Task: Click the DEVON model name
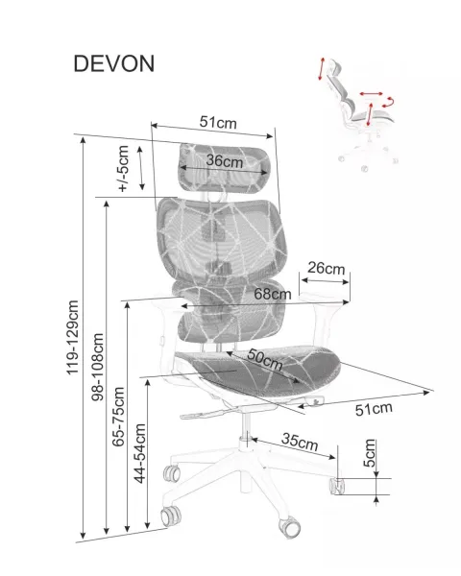(114, 63)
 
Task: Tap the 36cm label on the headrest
(224, 161)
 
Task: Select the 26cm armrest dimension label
(327, 268)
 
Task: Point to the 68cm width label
(273, 294)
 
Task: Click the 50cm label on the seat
(265, 359)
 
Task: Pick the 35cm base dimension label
(300, 442)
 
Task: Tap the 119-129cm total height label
(72, 338)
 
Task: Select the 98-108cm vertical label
(98, 367)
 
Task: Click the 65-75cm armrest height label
(119, 417)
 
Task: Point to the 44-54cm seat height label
(140, 453)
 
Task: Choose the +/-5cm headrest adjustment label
(123, 168)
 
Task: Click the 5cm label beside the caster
(370, 452)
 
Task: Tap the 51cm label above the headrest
(218, 122)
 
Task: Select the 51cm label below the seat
(374, 409)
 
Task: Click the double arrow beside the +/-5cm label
(141, 168)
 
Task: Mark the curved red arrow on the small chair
(389, 102)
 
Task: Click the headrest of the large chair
(225, 168)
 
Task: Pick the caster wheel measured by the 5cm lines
(337, 486)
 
